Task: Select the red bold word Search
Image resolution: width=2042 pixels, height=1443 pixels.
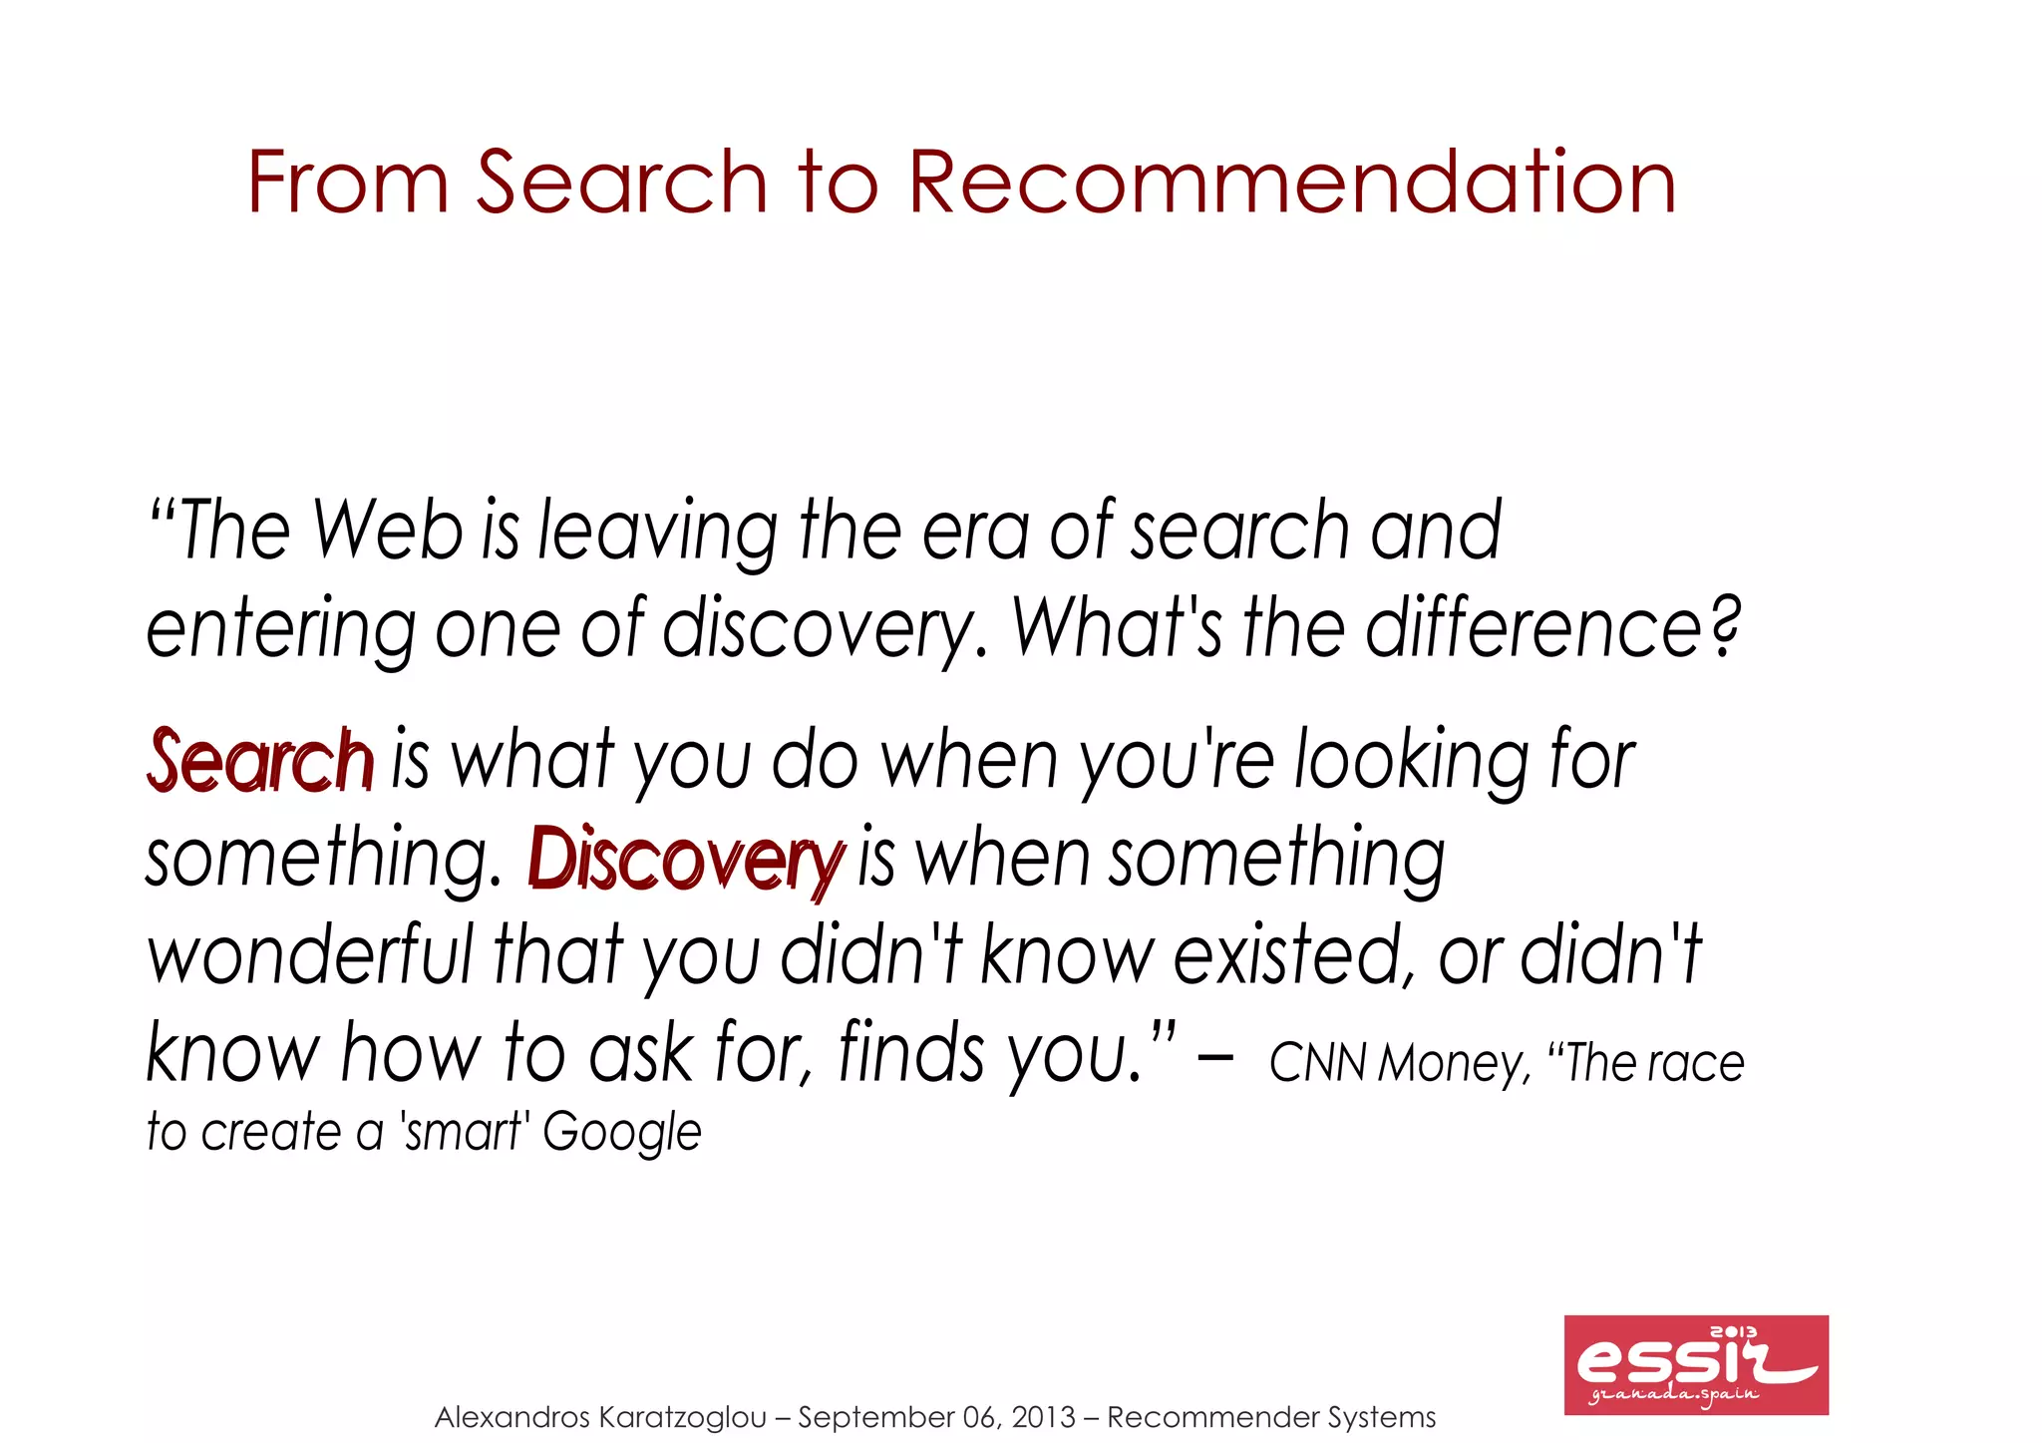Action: click(261, 760)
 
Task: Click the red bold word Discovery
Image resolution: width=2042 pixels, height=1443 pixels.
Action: click(686, 859)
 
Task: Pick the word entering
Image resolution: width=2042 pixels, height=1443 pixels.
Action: click(280, 630)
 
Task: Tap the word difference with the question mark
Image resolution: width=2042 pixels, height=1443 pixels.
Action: click(1551, 628)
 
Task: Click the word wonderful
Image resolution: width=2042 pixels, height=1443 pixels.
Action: click(310, 955)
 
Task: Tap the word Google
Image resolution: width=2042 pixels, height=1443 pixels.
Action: click(622, 1133)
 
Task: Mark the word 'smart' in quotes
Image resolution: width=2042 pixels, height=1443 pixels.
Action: click(464, 1132)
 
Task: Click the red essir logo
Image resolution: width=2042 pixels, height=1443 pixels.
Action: click(1695, 1364)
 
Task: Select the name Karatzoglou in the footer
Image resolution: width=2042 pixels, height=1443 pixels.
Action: click(683, 1417)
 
